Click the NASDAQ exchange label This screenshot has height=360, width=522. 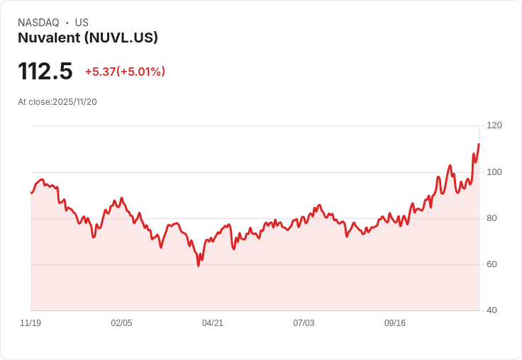(38, 23)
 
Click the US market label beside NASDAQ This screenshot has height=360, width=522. (82, 23)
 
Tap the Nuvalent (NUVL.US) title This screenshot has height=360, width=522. (88, 38)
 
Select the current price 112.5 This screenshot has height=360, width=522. (45, 71)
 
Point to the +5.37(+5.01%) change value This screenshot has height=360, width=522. (125, 72)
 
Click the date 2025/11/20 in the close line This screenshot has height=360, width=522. (74, 102)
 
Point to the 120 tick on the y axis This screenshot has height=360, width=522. (494, 125)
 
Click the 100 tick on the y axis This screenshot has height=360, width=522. (494, 172)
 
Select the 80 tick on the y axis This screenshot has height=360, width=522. (492, 218)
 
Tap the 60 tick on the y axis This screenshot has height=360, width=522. (492, 264)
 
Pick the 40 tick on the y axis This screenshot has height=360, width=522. (492, 310)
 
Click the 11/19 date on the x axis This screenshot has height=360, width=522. (30, 323)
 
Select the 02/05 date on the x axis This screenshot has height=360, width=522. (121, 323)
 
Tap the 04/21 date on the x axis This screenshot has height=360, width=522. (213, 323)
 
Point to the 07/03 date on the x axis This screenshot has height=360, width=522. (304, 323)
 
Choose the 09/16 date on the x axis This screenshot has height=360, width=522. (395, 323)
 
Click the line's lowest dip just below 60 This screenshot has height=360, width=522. (198, 266)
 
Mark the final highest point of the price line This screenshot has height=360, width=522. (479, 144)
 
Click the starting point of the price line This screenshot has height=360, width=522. (30, 193)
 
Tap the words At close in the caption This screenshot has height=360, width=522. (34, 102)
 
